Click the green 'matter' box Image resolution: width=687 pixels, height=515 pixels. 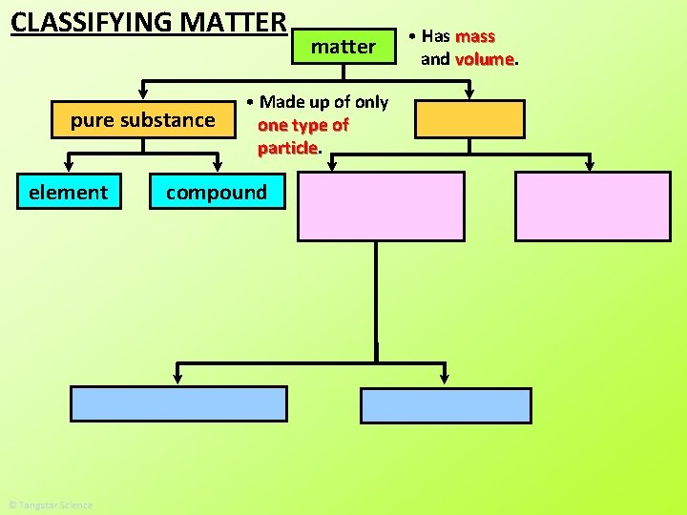coord(343,46)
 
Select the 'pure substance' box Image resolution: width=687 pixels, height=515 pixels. coord(143,120)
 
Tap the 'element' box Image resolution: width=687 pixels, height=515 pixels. coord(69,193)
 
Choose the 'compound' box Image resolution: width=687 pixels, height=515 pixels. coord(217,193)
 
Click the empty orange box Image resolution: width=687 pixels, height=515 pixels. coord(469,119)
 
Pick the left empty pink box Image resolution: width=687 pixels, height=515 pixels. coord(381,206)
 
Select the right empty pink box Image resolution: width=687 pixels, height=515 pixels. coord(593,206)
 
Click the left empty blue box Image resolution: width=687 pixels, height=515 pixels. coord(178,403)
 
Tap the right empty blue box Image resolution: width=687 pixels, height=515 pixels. coord(446,405)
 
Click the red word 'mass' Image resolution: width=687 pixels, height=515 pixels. coord(475,36)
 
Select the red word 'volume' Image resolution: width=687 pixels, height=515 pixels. coord(485,59)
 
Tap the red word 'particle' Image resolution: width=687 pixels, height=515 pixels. coord(287,148)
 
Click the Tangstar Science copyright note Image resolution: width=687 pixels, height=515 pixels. coord(50,505)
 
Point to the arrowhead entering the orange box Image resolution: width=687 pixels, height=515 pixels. coord(469,93)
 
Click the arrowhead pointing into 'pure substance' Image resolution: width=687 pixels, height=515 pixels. coord(143,93)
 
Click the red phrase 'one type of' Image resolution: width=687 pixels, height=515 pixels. coord(302,125)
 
